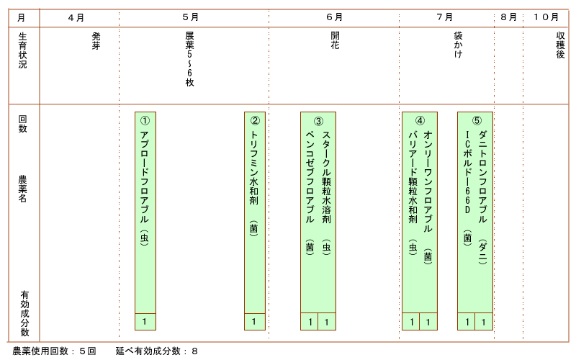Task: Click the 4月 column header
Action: pyautogui.click(x=76, y=17)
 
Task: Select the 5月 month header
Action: pyautogui.click(x=190, y=17)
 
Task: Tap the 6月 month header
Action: pyautogui.click(x=334, y=17)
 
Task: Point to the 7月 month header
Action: pyautogui.click(x=444, y=17)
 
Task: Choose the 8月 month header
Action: pyautogui.click(x=508, y=17)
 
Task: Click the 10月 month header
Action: pyautogui.click(x=546, y=17)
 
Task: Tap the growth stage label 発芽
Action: pyautogui.click(x=96, y=41)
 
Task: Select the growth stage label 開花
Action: pyautogui.click(x=335, y=40)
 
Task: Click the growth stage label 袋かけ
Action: pyautogui.click(x=458, y=45)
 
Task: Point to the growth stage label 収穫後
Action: pyautogui.click(x=560, y=45)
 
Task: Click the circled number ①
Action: pyautogui.click(x=145, y=120)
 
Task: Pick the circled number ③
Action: pyautogui.click(x=318, y=121)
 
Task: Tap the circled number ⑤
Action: pyautogui.click(x=477, y=120)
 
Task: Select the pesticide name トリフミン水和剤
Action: pyautogui.click(x=254, y=168)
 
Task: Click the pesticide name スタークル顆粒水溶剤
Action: pyautogui.click(x=327, y=177)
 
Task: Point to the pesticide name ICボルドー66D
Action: pyautogui.click(x=467, y=172)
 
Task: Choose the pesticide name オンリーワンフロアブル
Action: pyautogui.click(x=428, y=181)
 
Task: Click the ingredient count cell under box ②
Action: pyautogui.click(x=255, y=322)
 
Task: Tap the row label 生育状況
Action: pyautogui.click(x=22, y=50)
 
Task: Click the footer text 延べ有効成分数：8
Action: pyautogui.click(x=157, y=351)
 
